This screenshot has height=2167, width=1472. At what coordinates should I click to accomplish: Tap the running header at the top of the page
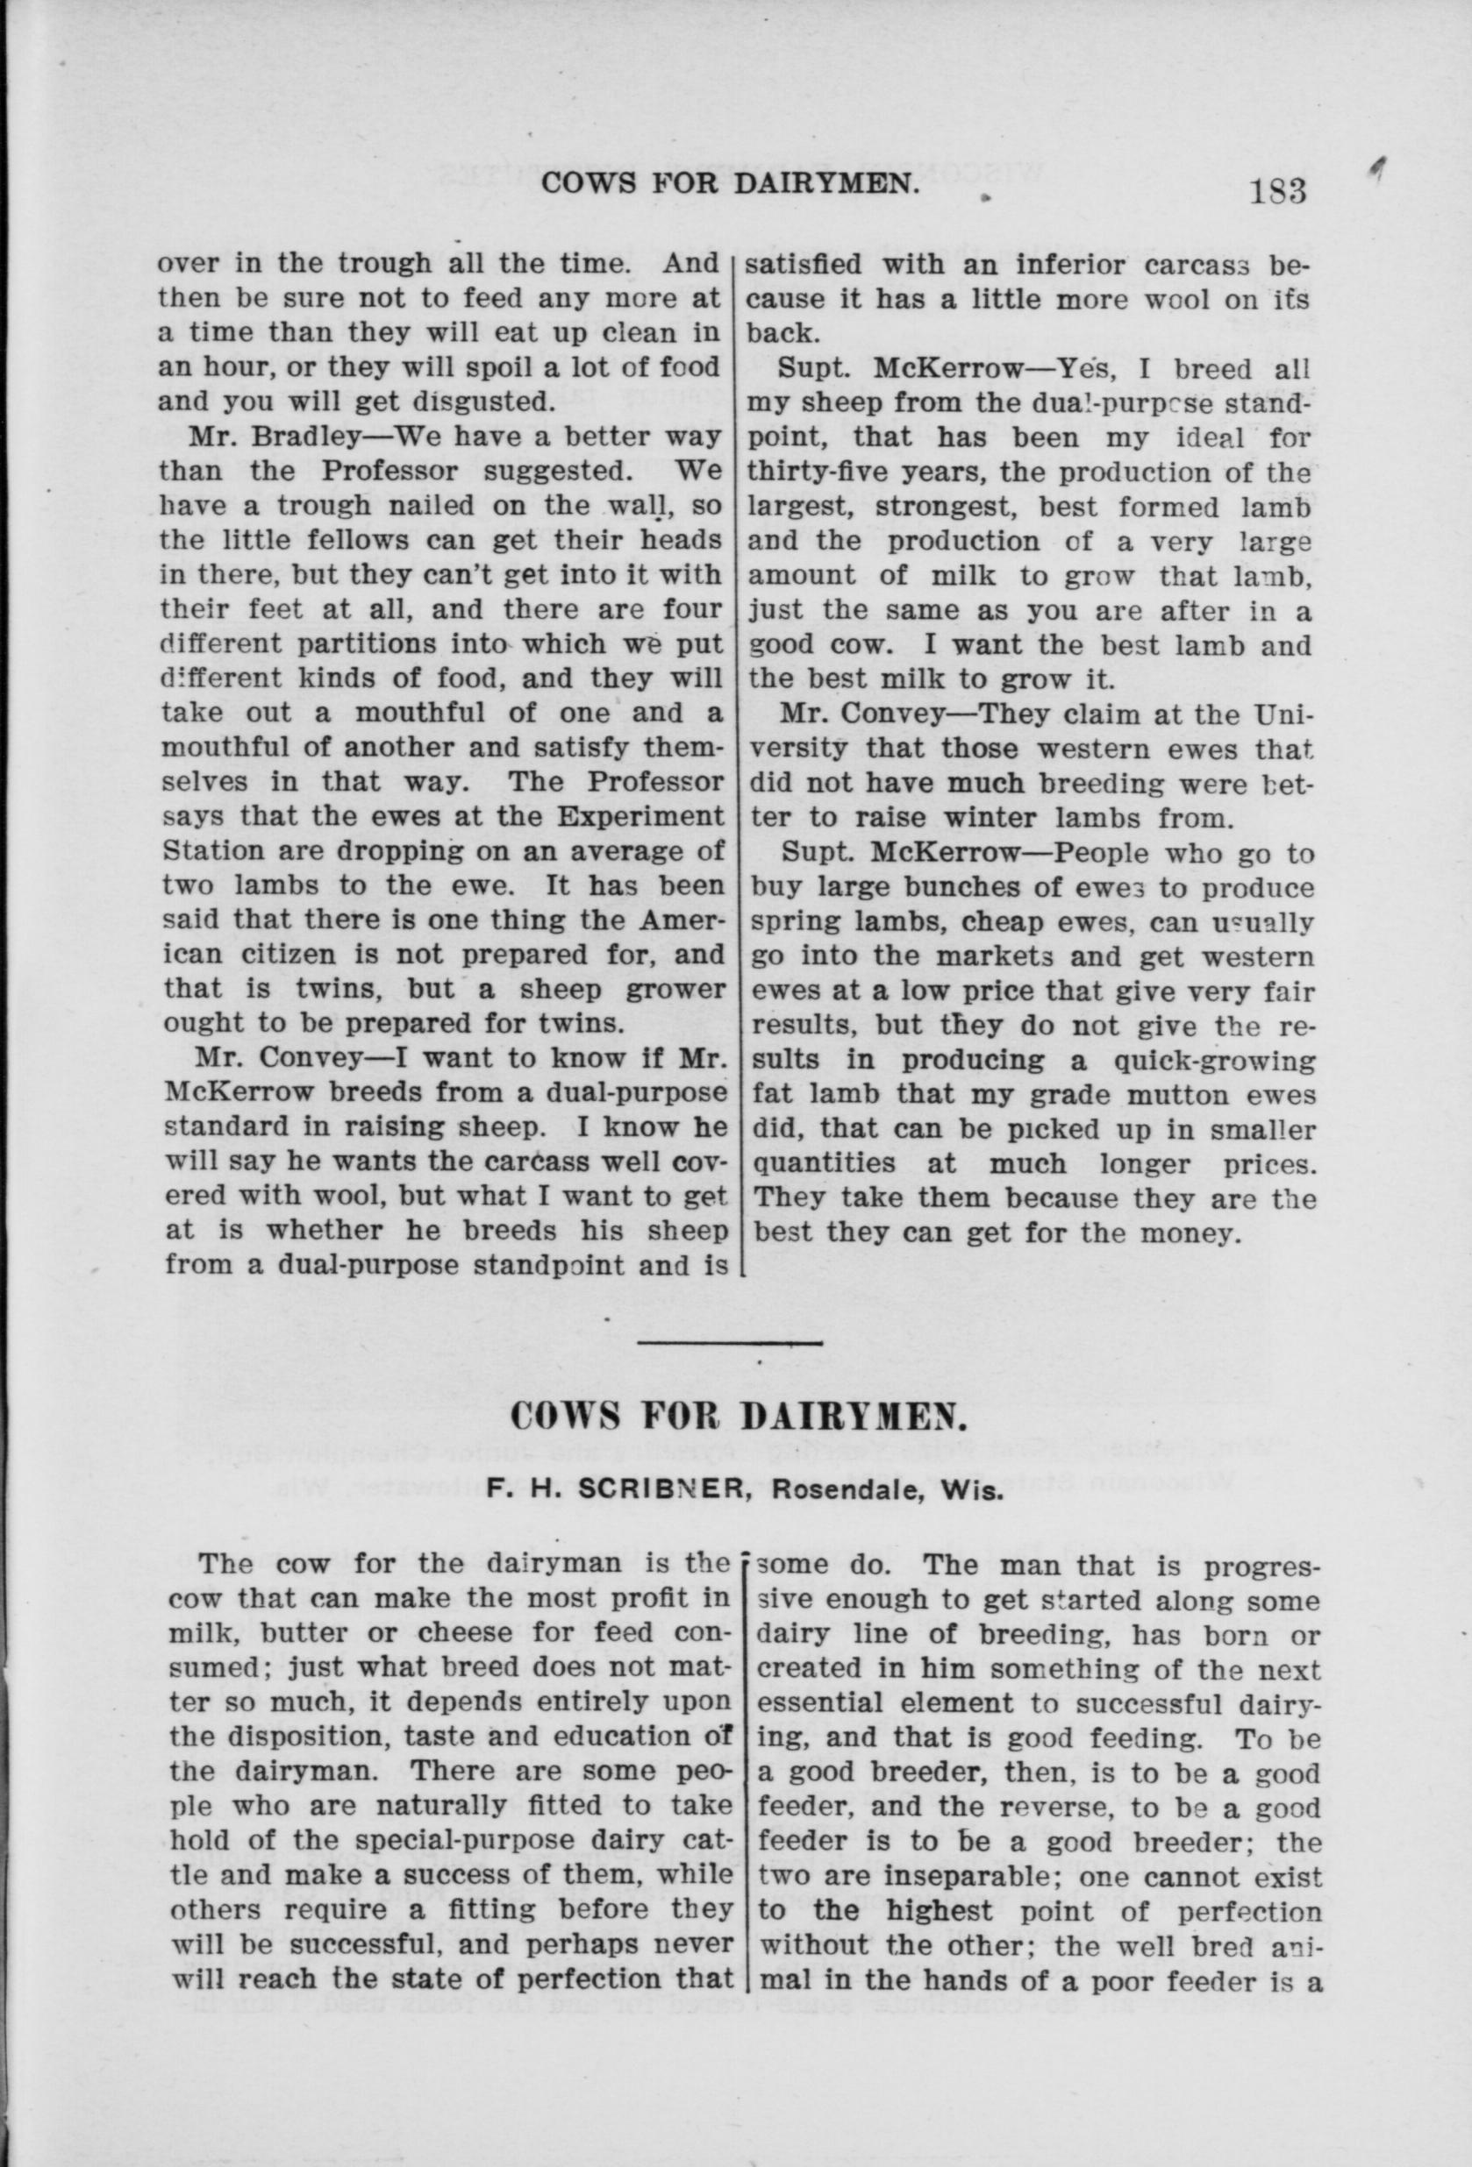(725, 184)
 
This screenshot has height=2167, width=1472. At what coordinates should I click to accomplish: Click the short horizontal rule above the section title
(730, 1343)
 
